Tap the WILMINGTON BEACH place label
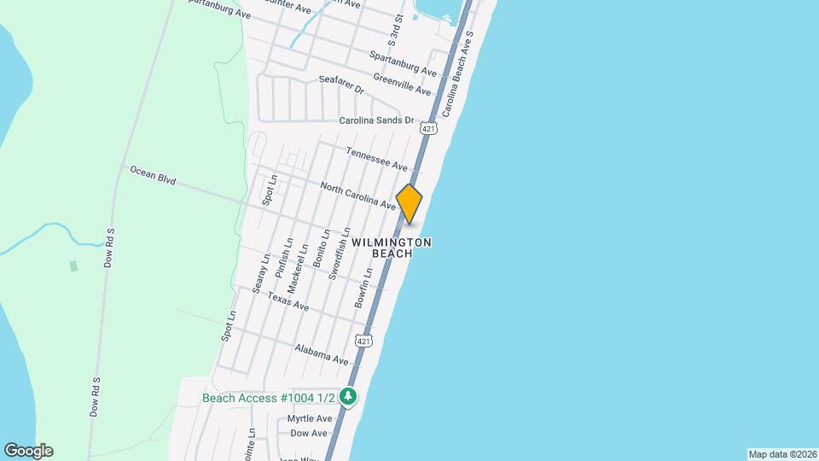[391, 248]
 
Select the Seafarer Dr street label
[341, 85]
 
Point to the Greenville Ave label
[402, 83]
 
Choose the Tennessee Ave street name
[376, 158]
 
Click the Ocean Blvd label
[153, 176]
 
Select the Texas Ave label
[288, 301]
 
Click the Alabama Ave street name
[322, 355]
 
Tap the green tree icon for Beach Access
[348, 396]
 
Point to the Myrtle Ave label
[309, 418]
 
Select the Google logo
[28, 451]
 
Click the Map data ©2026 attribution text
[781, 454]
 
